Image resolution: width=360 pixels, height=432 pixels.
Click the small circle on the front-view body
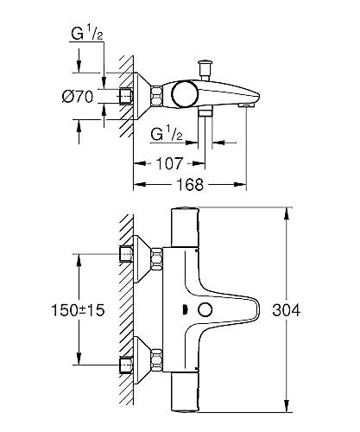point(205,311)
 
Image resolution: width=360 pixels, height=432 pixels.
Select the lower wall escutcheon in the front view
point(155,355)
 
